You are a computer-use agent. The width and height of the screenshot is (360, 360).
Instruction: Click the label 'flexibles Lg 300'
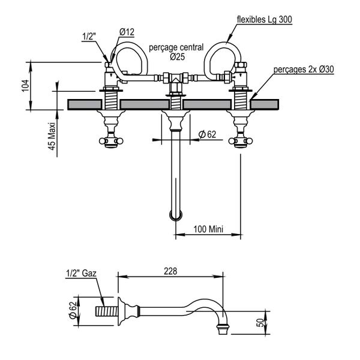click(x=264, y=19)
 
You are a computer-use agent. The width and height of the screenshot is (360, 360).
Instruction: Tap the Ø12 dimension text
click(x=127, y=32)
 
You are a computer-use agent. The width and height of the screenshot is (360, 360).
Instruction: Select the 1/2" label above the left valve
click(x=89, y=37)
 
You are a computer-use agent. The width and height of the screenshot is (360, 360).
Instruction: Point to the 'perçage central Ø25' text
click(x=176, y=52)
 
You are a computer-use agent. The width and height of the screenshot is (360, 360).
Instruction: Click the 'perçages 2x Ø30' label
click(x=304, y=70)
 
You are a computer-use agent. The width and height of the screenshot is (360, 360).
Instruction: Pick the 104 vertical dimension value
click(x=25, y=85)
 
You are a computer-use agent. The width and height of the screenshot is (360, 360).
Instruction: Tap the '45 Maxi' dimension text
click(x=52, y=136)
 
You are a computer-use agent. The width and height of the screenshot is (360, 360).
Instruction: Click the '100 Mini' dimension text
click(x=208, y=229)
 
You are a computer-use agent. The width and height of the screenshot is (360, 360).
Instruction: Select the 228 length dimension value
click(x=170, y=271)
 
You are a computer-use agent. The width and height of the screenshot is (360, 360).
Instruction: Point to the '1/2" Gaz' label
click(x=81, y=274)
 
